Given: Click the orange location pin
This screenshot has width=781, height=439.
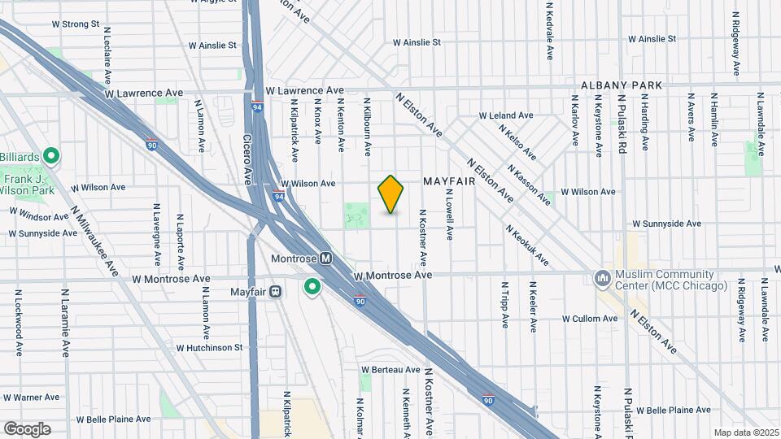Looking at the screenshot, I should (x=391, y=193).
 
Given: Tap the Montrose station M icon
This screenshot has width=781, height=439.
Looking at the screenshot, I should (x=325, y=258).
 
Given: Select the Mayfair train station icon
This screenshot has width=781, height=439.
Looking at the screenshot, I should (x=276, y=291).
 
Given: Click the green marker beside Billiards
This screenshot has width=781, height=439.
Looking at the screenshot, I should (x=51, y=154).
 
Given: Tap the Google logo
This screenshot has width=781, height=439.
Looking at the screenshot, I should (x=27, y=428).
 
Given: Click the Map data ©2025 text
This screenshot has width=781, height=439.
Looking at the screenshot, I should (x=745, y=432).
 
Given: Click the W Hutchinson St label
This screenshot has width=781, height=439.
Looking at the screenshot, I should (x=209, y=347).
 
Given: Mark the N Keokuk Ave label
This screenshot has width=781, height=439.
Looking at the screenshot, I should (x=527, y=246).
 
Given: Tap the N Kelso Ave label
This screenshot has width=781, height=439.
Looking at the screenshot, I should (x=517, y=141).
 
